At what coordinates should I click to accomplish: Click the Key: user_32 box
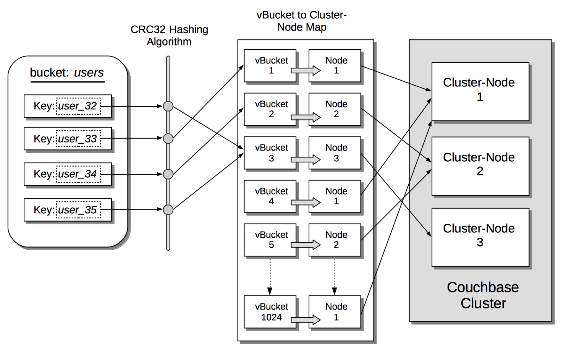click(68, 106)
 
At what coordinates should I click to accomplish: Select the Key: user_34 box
click(68, 174)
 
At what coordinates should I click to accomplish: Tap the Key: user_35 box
click(68, 210)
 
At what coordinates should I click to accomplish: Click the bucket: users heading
click(67, 73)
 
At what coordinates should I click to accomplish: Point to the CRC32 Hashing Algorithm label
click(169, 36)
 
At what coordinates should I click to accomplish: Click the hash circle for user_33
click(168, 138)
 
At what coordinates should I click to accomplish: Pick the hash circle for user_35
click(168, 210)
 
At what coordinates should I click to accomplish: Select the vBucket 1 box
click(270, 65)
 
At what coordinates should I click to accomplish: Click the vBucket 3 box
click(270, 152)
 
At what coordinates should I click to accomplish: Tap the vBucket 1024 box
click(270, 311)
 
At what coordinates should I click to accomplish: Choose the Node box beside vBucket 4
click(335, 196)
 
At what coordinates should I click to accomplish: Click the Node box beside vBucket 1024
click(335, 311)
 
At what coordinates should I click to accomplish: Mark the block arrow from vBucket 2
click(306, 117)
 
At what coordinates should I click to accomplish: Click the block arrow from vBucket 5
click(306, 245)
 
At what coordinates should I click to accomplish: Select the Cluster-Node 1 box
click(480, 91)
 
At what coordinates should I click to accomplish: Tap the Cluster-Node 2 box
click(480, 166)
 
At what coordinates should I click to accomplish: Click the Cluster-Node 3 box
click(480, 237)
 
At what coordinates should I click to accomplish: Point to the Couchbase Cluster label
click(483, 295)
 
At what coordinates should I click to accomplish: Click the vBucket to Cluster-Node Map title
click(302, 21)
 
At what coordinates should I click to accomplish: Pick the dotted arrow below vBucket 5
click(270, 277)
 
